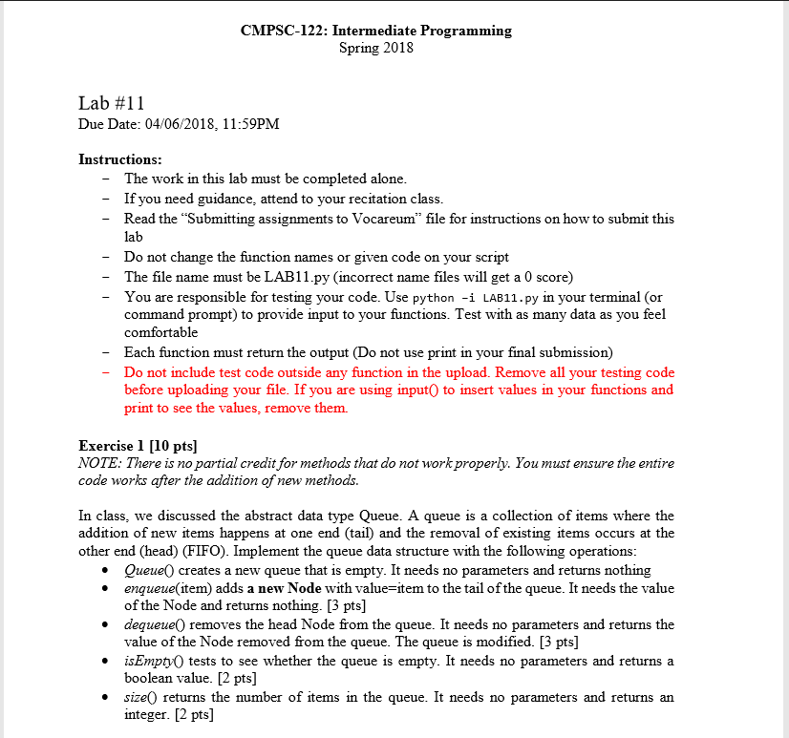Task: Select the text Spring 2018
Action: coord(376,48)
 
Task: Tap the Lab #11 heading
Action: coord(111,104)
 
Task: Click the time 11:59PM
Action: coord(251,124)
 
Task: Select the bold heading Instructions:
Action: coord(120,159)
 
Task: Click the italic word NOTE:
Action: coord(98,463)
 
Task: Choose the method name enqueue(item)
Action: coord(168,588)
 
